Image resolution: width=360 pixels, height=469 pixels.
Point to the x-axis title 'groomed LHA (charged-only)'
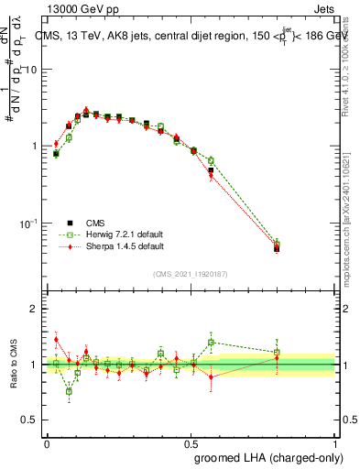click(266, 457)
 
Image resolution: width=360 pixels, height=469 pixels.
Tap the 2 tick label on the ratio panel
click(35, 310)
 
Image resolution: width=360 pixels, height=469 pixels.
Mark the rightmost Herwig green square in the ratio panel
click(277, 352)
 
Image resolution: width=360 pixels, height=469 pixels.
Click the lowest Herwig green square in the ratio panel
click(69, 391)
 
